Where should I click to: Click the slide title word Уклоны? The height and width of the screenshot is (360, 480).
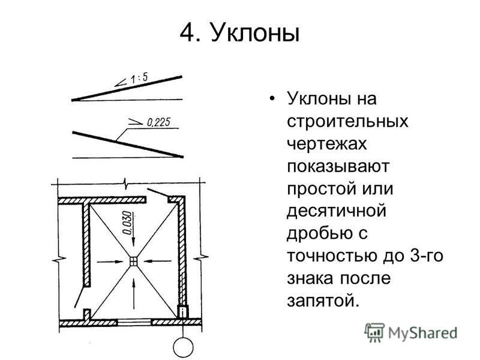[x=254, y=33]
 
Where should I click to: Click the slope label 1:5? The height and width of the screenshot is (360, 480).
[x=139, y=78]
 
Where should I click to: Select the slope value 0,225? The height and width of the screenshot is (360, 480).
[x=158, y=122]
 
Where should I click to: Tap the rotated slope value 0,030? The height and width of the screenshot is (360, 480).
[x=128, y=223]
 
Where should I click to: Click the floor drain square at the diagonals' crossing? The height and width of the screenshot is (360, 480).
[x=134, y=262]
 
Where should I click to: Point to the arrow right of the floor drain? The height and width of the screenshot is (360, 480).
[x=158, y=261]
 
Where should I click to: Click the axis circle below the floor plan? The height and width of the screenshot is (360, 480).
[x=183, y=348]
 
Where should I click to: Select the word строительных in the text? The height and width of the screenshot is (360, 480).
[x=347, y=122]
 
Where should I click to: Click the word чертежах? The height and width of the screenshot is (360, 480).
[x=326, y=144]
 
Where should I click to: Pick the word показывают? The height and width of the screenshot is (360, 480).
[x=338, y=167]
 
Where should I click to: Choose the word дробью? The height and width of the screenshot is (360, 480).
[x=319, y=233]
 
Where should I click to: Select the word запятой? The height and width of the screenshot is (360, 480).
[x=322, y=301]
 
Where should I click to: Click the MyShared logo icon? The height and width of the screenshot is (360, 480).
[x=374, y=332]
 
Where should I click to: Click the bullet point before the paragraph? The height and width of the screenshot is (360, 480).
[x=271, y=100]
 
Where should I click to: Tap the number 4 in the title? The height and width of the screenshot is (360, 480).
[x=187, y=33]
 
